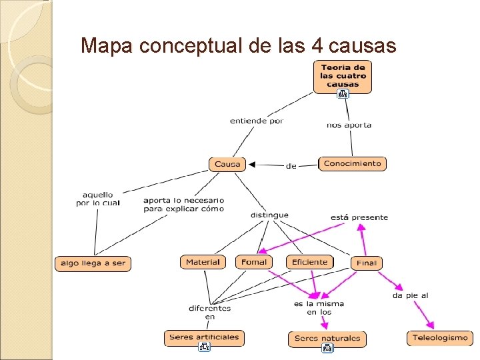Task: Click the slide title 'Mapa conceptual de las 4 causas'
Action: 238,45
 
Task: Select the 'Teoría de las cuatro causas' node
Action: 343,75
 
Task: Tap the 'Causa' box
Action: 227,164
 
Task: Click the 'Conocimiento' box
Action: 353,163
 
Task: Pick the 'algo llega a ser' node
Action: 93,263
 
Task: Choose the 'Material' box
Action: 203,262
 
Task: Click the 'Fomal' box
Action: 253,262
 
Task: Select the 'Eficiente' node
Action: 310,262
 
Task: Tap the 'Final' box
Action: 367,263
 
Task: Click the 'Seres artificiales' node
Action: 204,337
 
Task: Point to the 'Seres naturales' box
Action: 327,339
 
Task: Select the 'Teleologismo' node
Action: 440,338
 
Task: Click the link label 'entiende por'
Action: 257,121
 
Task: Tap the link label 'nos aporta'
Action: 349,125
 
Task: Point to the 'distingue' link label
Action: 269,215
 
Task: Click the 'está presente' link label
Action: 359,217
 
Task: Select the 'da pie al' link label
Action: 410,295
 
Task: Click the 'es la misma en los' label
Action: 319,308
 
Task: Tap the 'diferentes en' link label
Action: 209,312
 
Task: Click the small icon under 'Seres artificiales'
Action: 204,347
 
